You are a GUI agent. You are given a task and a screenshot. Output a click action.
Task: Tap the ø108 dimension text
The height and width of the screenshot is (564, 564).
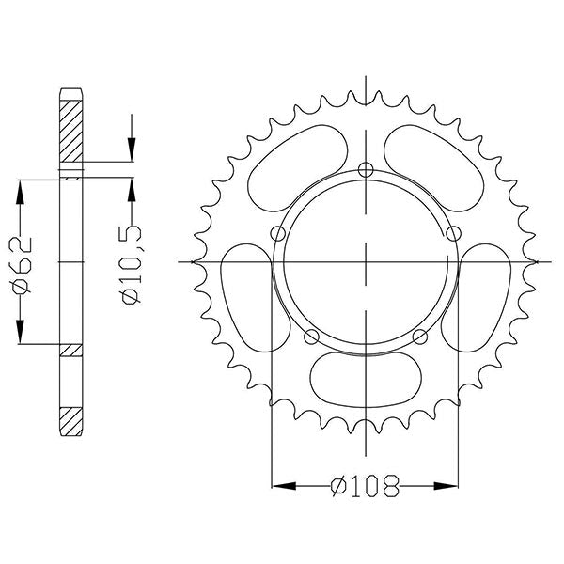[365, 486]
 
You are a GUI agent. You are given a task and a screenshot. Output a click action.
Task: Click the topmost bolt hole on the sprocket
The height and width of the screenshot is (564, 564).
[365, 170]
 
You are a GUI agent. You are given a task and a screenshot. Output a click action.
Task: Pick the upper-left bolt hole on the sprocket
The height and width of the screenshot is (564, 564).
[276, 233]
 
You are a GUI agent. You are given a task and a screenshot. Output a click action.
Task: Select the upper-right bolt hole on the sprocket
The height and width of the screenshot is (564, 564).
[453, 233]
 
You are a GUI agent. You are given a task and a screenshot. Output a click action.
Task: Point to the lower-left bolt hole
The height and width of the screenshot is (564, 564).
[311, 337]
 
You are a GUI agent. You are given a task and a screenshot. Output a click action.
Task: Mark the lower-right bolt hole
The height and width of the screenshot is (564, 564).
[419, 337]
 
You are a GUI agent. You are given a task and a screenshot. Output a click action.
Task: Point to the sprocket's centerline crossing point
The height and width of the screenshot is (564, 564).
[365, 260]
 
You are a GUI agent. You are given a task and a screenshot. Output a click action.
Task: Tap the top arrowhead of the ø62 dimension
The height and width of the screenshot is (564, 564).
[19, 183]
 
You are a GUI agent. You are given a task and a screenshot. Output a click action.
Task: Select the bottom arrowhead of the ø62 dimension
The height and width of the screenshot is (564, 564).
[19, 338]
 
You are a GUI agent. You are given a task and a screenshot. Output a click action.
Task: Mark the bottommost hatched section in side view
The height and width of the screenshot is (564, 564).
[72, 419]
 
